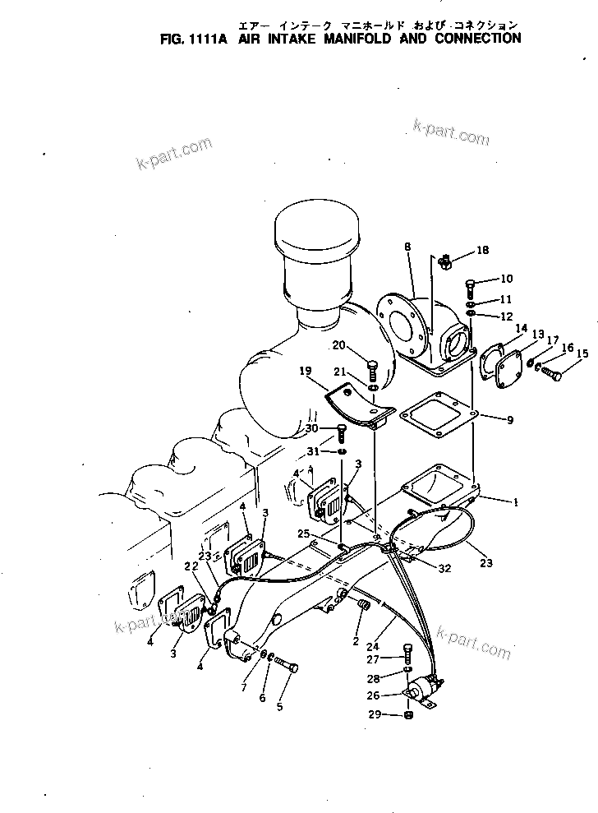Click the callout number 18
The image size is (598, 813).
point(482,250)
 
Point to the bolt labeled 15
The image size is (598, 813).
point(550,376)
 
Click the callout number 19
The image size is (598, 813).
point(306,372)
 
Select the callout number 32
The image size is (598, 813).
point(444,567)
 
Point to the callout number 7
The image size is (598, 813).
point(242,686)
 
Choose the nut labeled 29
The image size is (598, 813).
point(409,716)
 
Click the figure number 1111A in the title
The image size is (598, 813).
point(207,38)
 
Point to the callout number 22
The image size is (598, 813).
point(191,566)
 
